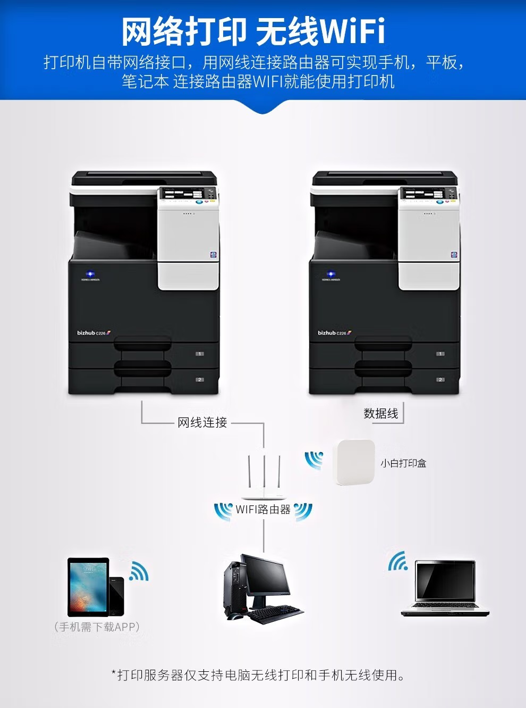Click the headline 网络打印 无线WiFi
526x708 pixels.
[x=253, y=31]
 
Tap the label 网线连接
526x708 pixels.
[x=202, y=423]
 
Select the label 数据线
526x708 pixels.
[x=380, y=414]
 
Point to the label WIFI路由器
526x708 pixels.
[x=263, y=510]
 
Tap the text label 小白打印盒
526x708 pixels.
[x=403, y=463]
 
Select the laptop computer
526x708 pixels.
[x=445, y=587]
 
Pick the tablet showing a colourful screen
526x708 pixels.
[x=87, y=585]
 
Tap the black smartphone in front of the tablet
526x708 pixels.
[x=116, y=596]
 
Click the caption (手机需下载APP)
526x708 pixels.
[x=97, y=627]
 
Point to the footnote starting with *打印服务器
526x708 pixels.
[x=258, y=676]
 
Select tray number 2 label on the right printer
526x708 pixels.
[x=440, y=380]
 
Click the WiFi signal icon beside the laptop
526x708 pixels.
[x=398, y=562]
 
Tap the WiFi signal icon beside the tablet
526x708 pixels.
[x=139, y=571]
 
